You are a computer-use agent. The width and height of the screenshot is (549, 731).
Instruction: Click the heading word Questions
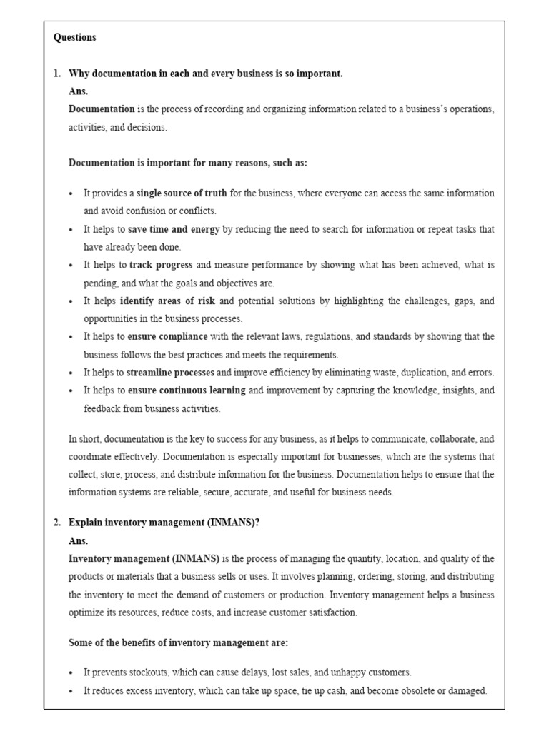click(74, 38)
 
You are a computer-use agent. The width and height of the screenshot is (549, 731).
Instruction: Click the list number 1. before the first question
click(58, 74)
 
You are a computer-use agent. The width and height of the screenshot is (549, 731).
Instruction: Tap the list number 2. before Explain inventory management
click(58, 523)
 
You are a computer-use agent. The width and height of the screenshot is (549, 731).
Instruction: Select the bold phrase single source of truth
click(182, 193)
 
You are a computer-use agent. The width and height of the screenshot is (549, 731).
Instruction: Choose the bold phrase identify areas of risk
click(167, 301)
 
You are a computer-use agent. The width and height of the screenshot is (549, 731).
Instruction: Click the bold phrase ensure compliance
click(167, 336)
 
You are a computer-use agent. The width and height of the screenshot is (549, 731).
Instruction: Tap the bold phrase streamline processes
click(170, 373)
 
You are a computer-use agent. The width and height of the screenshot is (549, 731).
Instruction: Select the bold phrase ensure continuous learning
click(186, 390)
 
